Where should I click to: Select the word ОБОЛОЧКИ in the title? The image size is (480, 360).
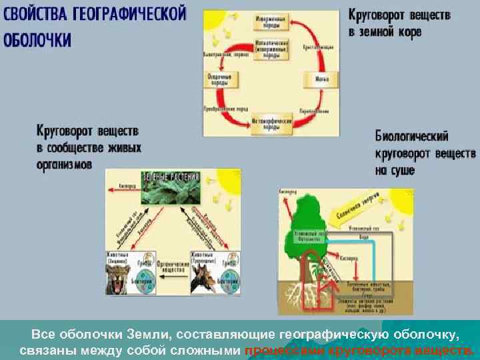click(37, 39)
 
